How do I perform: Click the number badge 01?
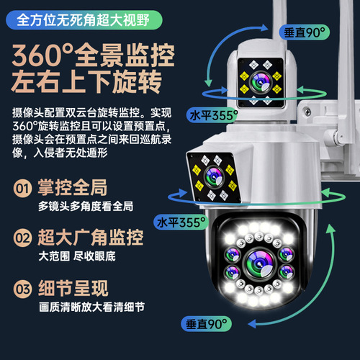[x=23, y=189]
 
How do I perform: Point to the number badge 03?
[x=23, y=290]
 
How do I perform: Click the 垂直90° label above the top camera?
[x=297, y=32]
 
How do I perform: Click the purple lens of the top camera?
[x=259, y=77]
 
